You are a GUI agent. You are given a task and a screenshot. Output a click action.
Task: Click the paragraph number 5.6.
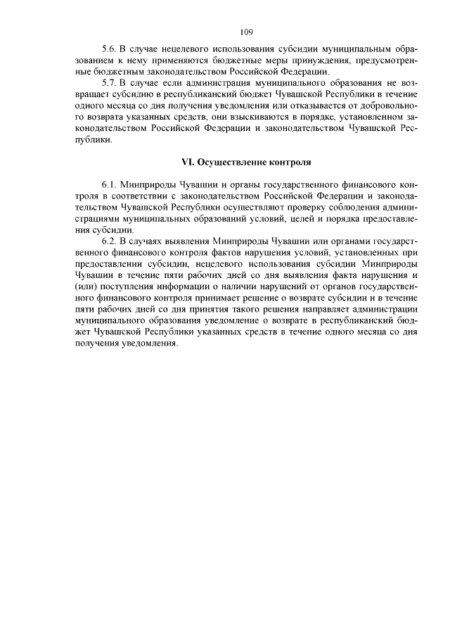click(110, 50)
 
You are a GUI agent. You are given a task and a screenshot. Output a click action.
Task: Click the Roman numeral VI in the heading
click(188, 161)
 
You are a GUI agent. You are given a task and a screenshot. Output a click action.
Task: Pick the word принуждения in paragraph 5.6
click(313, 61)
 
